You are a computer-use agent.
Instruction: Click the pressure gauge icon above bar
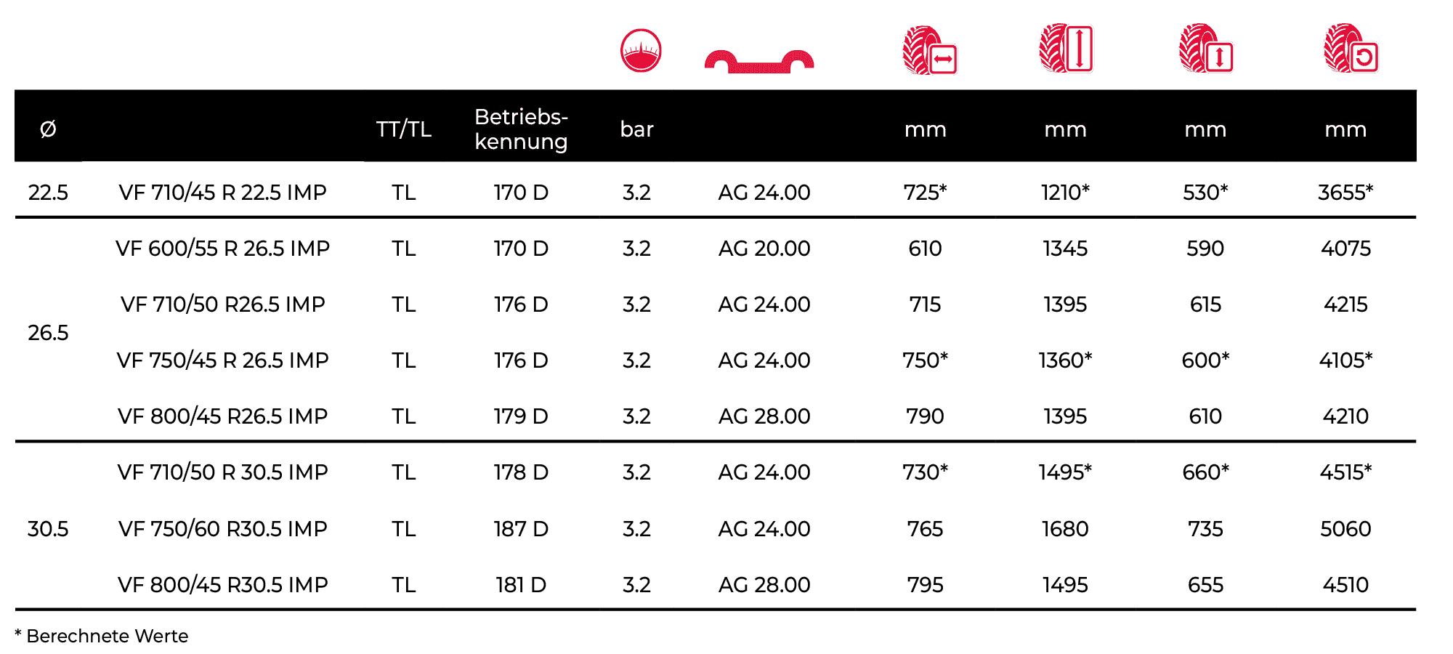pos(641,50)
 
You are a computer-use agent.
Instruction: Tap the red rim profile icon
pos(759,62)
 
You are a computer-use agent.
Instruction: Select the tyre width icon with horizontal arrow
pos(930,50)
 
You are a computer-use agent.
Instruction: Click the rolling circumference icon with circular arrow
pos(1351,48)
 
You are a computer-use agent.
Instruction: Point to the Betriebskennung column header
pos(521,129)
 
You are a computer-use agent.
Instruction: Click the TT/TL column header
pos(404,129)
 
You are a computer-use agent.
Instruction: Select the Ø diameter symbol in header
pos(48,129)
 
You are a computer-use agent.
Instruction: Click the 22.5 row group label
pos(48,193)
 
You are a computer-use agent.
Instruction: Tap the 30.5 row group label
pos(48,528)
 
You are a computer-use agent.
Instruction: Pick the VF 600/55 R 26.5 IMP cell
pos(222,249)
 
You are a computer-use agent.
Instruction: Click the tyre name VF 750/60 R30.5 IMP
pos(222,528)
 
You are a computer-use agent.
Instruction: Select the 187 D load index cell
pos(521,528)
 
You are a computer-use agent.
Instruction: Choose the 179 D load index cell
pos(521,416)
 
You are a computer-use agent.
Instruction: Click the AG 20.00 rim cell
pos(764,249)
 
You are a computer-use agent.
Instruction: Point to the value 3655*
pos(1345,192)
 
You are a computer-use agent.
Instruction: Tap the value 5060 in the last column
pos(1345,528)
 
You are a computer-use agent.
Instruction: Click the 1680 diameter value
pos(1065,528)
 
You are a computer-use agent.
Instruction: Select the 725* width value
pos(925,192)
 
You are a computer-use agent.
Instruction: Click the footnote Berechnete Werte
pos(108,636)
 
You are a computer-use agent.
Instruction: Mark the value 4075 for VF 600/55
pos(1345,249)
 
